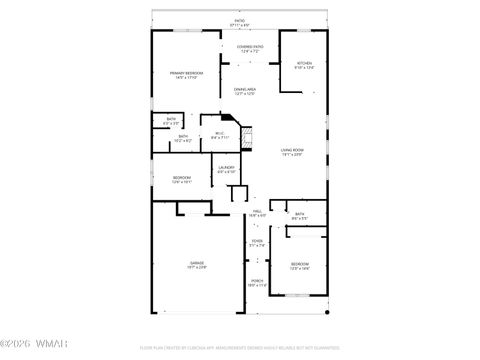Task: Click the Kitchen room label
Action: [304, 65]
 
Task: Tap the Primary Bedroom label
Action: [186, 75]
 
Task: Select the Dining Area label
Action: [245, 91]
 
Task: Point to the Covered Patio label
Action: [250, 48]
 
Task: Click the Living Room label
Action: [292, 152]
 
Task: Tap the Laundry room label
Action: [227, 169]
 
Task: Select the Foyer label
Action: [257, 243]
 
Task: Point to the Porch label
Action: [257, 283]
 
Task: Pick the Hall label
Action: [257, 214]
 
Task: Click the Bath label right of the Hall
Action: [299, 216]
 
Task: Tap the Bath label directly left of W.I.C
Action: [183, 138]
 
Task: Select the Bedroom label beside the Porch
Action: [300, 266]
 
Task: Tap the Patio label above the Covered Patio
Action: [239, 21]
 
